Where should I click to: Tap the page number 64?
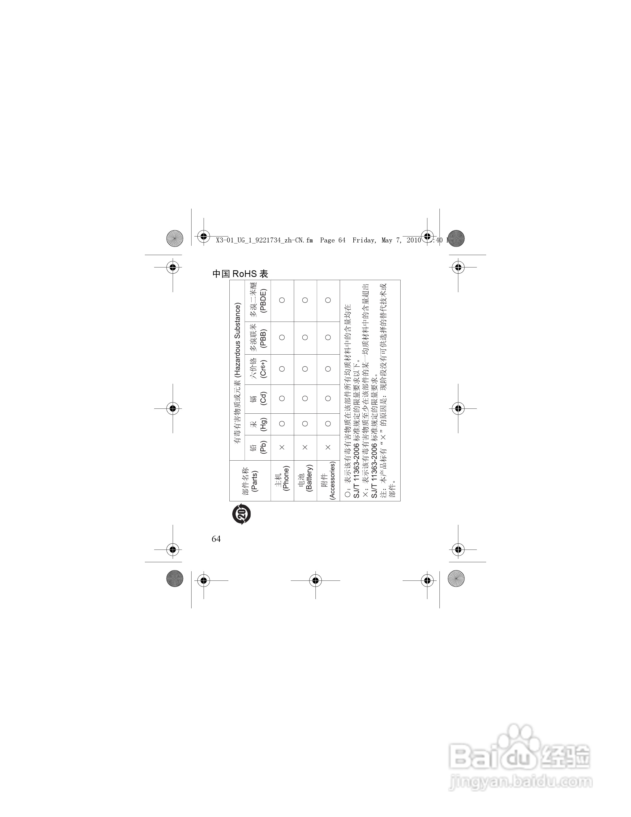(216, 539)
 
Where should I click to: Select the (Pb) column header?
(263, 447)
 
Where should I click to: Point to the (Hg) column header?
(263, 424)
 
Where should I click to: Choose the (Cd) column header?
(263, 398)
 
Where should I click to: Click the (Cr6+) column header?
(263, 369)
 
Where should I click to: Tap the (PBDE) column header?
(263, 300)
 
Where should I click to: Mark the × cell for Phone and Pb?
(282, 447)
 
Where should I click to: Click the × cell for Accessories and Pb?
(328, 447)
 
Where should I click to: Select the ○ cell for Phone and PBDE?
(282, 300)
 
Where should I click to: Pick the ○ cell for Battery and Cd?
(305, 398)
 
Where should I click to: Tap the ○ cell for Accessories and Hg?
(328, 424)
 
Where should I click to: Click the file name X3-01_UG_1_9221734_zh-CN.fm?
(264, 240)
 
